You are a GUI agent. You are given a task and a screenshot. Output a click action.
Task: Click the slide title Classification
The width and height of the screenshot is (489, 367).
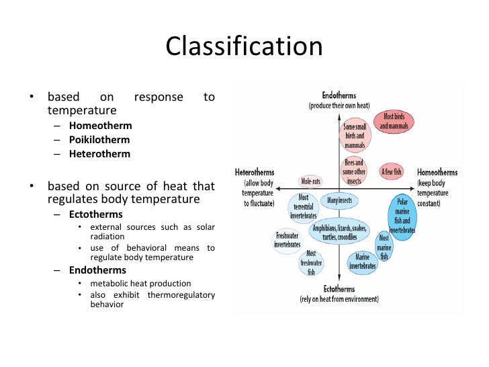pos(244,47)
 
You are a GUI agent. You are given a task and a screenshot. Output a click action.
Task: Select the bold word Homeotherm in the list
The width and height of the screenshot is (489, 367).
pos(100,126)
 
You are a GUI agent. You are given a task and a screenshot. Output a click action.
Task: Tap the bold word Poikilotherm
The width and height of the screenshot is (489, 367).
pos(99,140)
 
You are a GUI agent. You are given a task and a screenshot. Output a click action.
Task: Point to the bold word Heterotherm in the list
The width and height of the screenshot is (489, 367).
pos(99,153)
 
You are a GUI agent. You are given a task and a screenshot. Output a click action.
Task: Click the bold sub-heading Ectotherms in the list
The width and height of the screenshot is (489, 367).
pos(95,214)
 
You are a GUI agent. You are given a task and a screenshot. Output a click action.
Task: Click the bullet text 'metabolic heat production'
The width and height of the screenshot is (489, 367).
pos(140,283)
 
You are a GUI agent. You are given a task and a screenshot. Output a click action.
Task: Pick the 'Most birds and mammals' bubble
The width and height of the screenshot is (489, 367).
pos(394,122)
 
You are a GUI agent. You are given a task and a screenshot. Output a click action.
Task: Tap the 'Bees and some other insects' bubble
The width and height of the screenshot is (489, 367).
pos(354,171)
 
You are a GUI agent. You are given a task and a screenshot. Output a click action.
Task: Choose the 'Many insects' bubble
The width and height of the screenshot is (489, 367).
pos(339,200)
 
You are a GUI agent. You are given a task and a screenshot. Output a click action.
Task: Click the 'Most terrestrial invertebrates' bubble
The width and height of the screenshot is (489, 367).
pos(303,207)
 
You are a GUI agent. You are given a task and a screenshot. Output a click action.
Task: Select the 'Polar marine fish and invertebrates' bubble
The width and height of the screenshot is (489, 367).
pos(402,216)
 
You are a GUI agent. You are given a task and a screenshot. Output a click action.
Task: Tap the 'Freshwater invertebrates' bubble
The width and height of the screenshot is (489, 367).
pos(287,240)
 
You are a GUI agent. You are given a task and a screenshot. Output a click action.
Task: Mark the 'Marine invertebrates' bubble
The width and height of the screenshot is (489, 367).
pos(362,261)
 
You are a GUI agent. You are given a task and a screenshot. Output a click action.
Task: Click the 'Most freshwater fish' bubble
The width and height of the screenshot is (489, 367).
pos(311,263)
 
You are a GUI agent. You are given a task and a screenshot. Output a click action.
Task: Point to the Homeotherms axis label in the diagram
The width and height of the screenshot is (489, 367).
pos(437,172)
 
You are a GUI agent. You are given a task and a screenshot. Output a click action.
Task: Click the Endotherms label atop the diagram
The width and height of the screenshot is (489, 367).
pos(339,95)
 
